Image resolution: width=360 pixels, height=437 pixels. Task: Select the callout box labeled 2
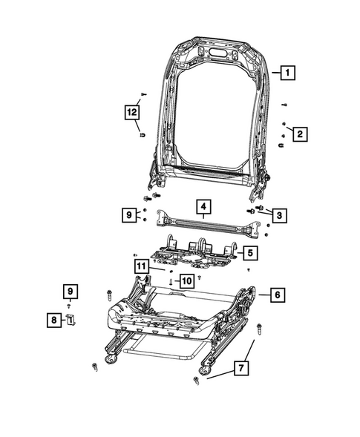(x=300, y=134)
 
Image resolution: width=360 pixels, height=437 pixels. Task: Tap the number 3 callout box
(x=279, y=216)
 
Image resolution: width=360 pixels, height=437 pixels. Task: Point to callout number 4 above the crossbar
(x=202, y=206)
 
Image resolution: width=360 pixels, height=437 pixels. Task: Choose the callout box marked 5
(x=249, y=253)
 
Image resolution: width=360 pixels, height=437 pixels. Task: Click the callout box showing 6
(x=275, y=295)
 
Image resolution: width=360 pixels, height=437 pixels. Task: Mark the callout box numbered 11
(x=140, y=266)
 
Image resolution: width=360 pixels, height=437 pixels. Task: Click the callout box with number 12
(x=131, y=113)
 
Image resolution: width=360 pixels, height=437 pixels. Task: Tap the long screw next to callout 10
(x=171, y=281)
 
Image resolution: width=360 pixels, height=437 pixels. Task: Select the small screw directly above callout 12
(x=143, y=94)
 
